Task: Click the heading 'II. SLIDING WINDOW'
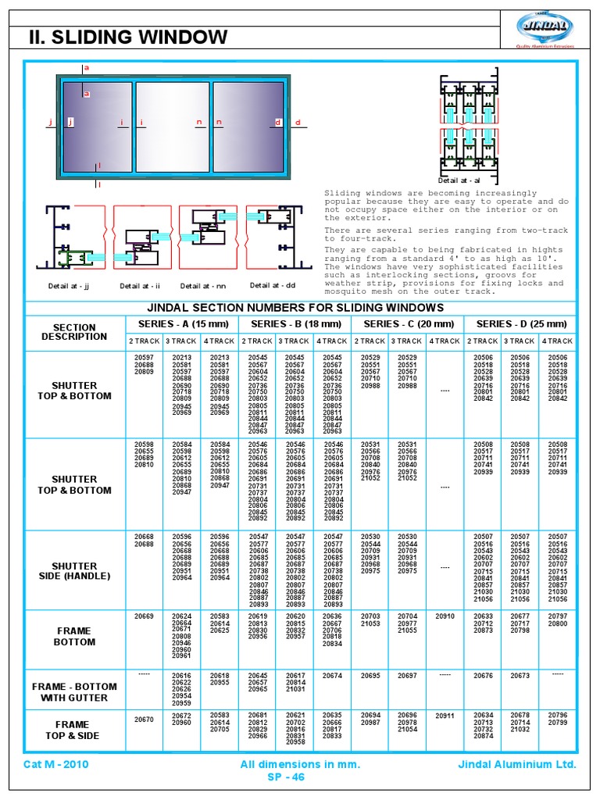pos(128,37)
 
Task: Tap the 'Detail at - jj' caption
pos(70,286)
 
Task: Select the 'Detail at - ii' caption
pos(140,286)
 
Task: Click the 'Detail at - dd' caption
pos(273,285)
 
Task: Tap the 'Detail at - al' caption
pos(459,180)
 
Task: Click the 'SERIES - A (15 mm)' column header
pos(182,323)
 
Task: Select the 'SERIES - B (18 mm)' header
pos(295,323)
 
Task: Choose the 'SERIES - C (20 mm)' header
pos(408,323)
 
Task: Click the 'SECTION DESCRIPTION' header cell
pos(75,332)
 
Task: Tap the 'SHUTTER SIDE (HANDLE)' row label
pos(75,571)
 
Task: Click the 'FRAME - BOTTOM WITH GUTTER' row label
pos(75,692)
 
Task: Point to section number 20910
pos(445,616)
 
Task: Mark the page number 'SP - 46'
pos(286,777)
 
